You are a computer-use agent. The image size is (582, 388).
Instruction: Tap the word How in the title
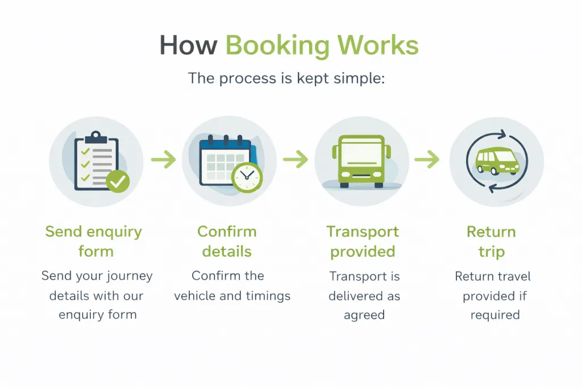coord(188,46)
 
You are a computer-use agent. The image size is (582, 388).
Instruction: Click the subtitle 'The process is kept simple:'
coord(286,78)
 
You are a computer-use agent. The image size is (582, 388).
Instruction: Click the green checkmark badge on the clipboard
coord(118,182)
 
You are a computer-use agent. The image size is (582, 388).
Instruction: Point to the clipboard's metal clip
coord(95,137)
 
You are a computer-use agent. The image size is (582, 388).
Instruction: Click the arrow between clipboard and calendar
coord(164,160)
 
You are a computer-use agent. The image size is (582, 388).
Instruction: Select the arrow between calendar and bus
coord(296,160)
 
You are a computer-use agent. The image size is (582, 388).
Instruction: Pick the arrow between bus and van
coord(427,160)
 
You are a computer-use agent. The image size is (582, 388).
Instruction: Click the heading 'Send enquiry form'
coord(94,241)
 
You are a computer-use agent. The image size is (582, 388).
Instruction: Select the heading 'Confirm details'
coord(227,241)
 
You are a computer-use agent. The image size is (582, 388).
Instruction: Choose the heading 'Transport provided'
coord(363,241)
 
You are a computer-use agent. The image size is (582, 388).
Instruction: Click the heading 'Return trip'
coord(491,241)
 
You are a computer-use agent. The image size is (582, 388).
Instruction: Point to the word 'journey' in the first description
coord(125,277)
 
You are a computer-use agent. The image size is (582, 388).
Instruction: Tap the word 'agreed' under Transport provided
coord(364,315)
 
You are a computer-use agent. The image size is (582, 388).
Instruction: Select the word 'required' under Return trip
coord(495,315)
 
